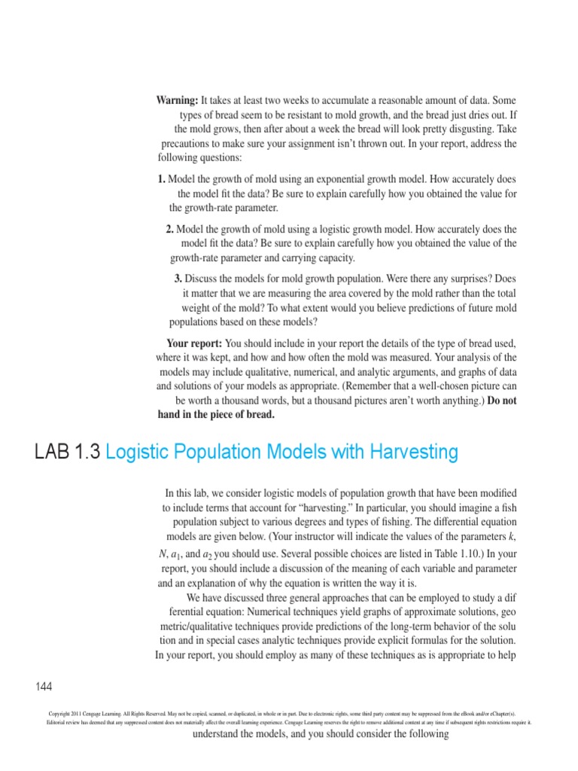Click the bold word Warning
[x=178, y=101]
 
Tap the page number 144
[x=44, y=686]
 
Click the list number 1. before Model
[x=162, y=180]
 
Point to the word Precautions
[x=190, y=143]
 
